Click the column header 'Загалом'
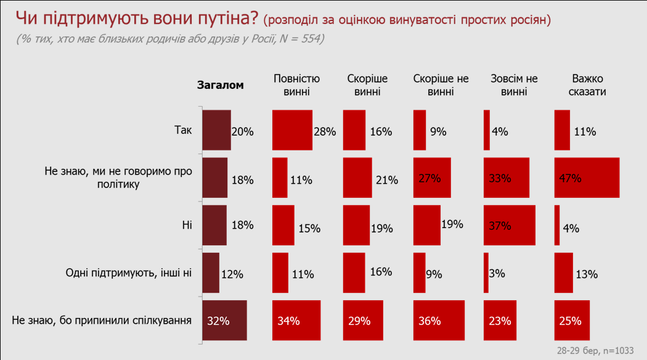(220, 85)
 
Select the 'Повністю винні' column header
(296, 85)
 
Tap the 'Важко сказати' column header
(588, 85)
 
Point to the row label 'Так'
(184, 130)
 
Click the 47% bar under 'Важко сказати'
(587, 178)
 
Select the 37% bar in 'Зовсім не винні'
(509, 225)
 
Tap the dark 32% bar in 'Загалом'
(224, 320)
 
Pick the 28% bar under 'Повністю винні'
(292, 130)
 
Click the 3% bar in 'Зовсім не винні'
(486, 272)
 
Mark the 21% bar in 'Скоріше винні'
(357, 178)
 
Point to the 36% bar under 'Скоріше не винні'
(438, 320)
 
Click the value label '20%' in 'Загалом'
(242, 131)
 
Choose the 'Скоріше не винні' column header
(441, 85)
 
